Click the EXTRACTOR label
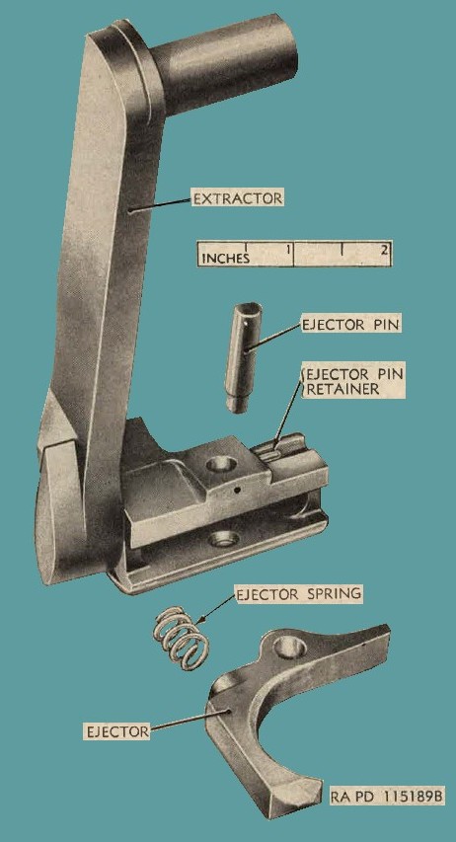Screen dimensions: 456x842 [238, 198]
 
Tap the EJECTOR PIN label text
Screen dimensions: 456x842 [351, 325]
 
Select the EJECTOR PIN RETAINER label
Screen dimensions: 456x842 [354, 381]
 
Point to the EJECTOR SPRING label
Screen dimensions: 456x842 [299, 594]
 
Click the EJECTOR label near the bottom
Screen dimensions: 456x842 [116, 730]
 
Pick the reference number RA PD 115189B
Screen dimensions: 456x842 [387, 797]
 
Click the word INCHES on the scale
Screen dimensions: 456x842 [226, 259]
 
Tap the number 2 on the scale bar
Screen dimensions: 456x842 [384, 249]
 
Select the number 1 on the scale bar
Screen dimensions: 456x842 [288, 249]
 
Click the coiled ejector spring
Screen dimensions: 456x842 [178, 639]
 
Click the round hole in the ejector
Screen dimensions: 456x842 [289, 649]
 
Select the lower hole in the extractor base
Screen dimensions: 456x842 [224, 539]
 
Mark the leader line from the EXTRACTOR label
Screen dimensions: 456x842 [161, 205]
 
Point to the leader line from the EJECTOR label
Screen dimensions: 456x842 [190, 720]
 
